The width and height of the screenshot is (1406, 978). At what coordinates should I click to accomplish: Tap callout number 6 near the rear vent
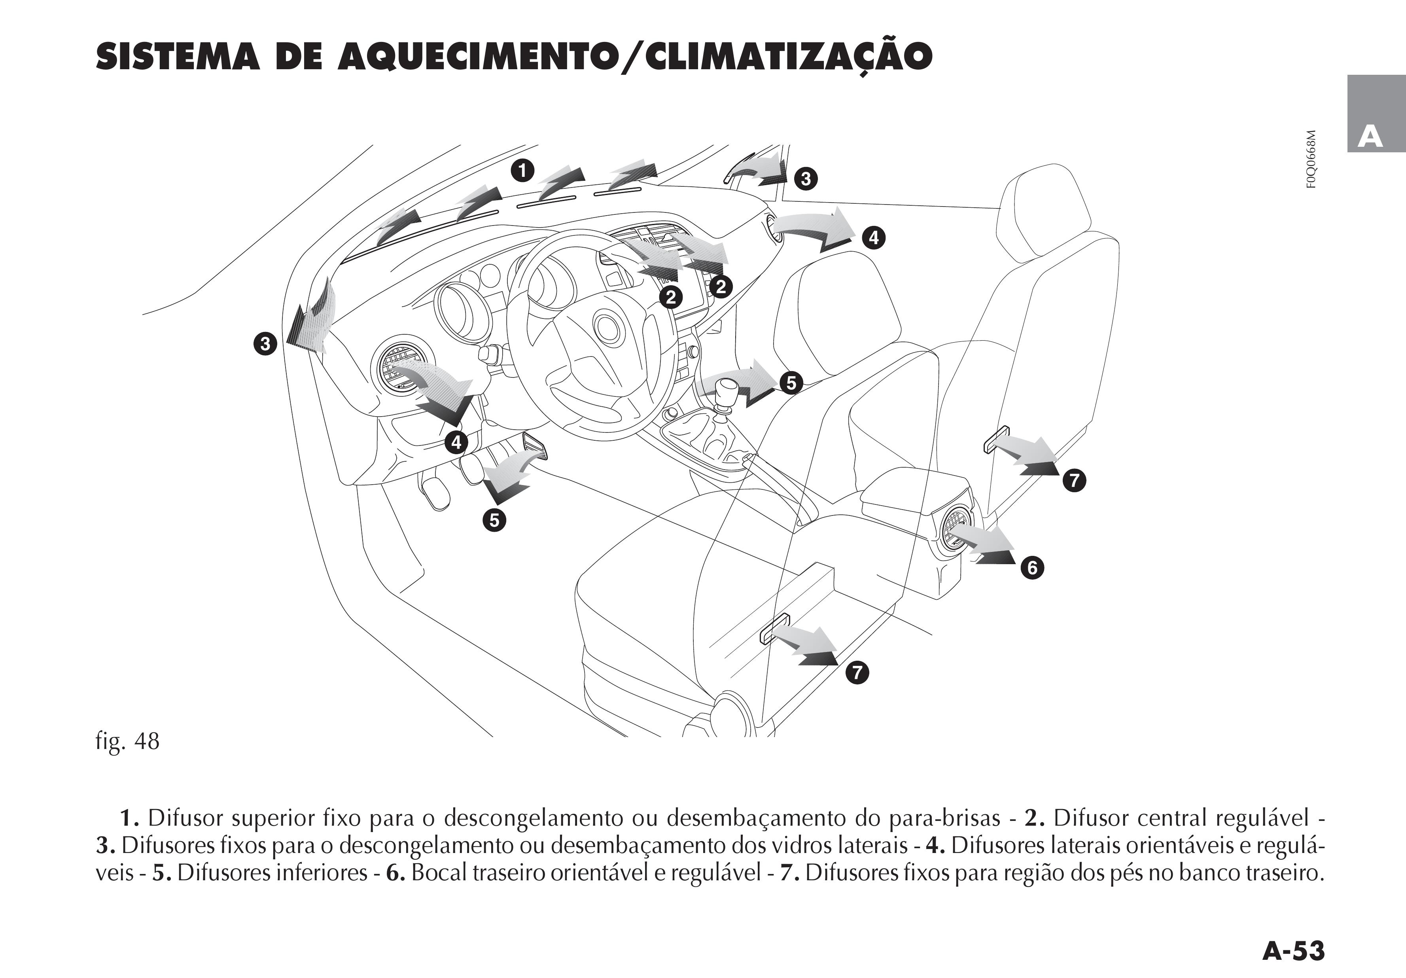coord(1032,568)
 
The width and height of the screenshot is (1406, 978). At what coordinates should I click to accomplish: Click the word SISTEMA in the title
coord(180,57)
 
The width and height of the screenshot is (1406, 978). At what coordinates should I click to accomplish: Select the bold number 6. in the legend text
coord(395,873)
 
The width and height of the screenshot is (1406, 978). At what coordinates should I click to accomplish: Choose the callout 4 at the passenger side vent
coord(873,237)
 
